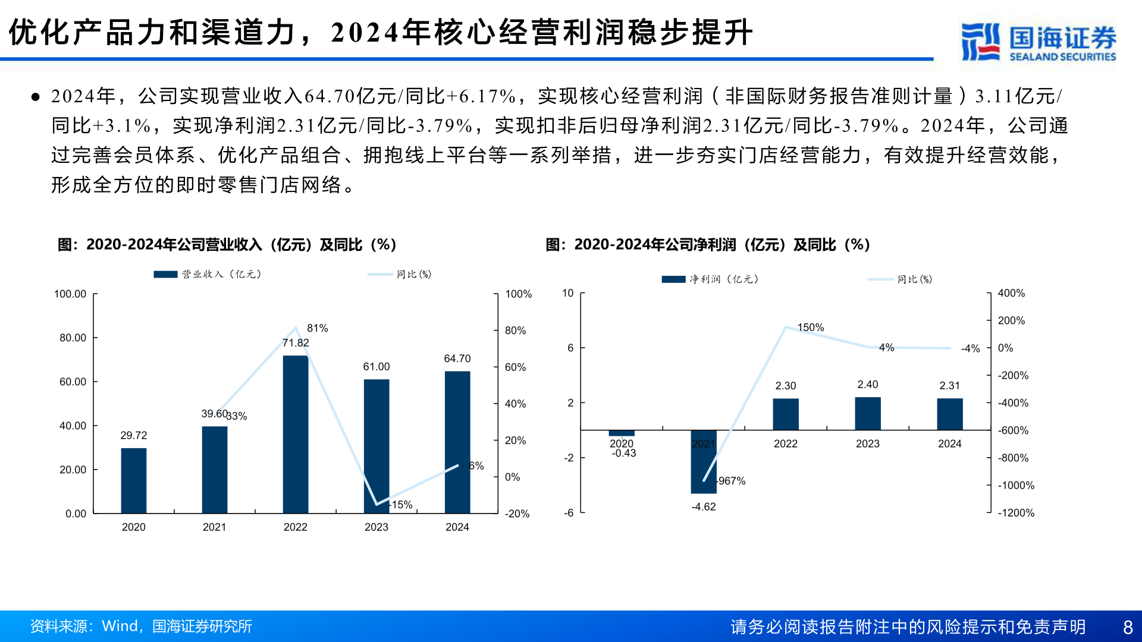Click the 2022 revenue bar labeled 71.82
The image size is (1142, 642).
(x=296, y=434)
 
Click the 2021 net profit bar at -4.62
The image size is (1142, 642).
(x=704, y=461)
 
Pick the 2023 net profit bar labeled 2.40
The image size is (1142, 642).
(x=868, y=413)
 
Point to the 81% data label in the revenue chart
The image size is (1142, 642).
(x=317, y=328)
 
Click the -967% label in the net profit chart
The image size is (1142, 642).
(x=731, y=481)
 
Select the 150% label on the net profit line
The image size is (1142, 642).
(x=810, y=328)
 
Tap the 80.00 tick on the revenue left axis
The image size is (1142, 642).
(x=73, y=338)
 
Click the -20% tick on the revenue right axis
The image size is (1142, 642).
(x=517, y=514)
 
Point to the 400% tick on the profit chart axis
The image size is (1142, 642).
(x=1011, y=293)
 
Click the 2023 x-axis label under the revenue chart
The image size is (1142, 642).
(x=376, y=527)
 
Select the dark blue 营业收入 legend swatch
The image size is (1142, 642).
(x=165, y=274)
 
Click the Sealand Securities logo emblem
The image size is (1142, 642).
(x=980, y=42)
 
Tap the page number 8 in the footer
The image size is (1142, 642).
(x=1128, y=627)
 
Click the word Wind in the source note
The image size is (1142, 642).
(x=120, y=626)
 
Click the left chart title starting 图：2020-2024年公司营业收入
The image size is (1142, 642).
(x=227, y=245)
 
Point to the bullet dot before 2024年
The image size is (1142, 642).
(x=36, y=96)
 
